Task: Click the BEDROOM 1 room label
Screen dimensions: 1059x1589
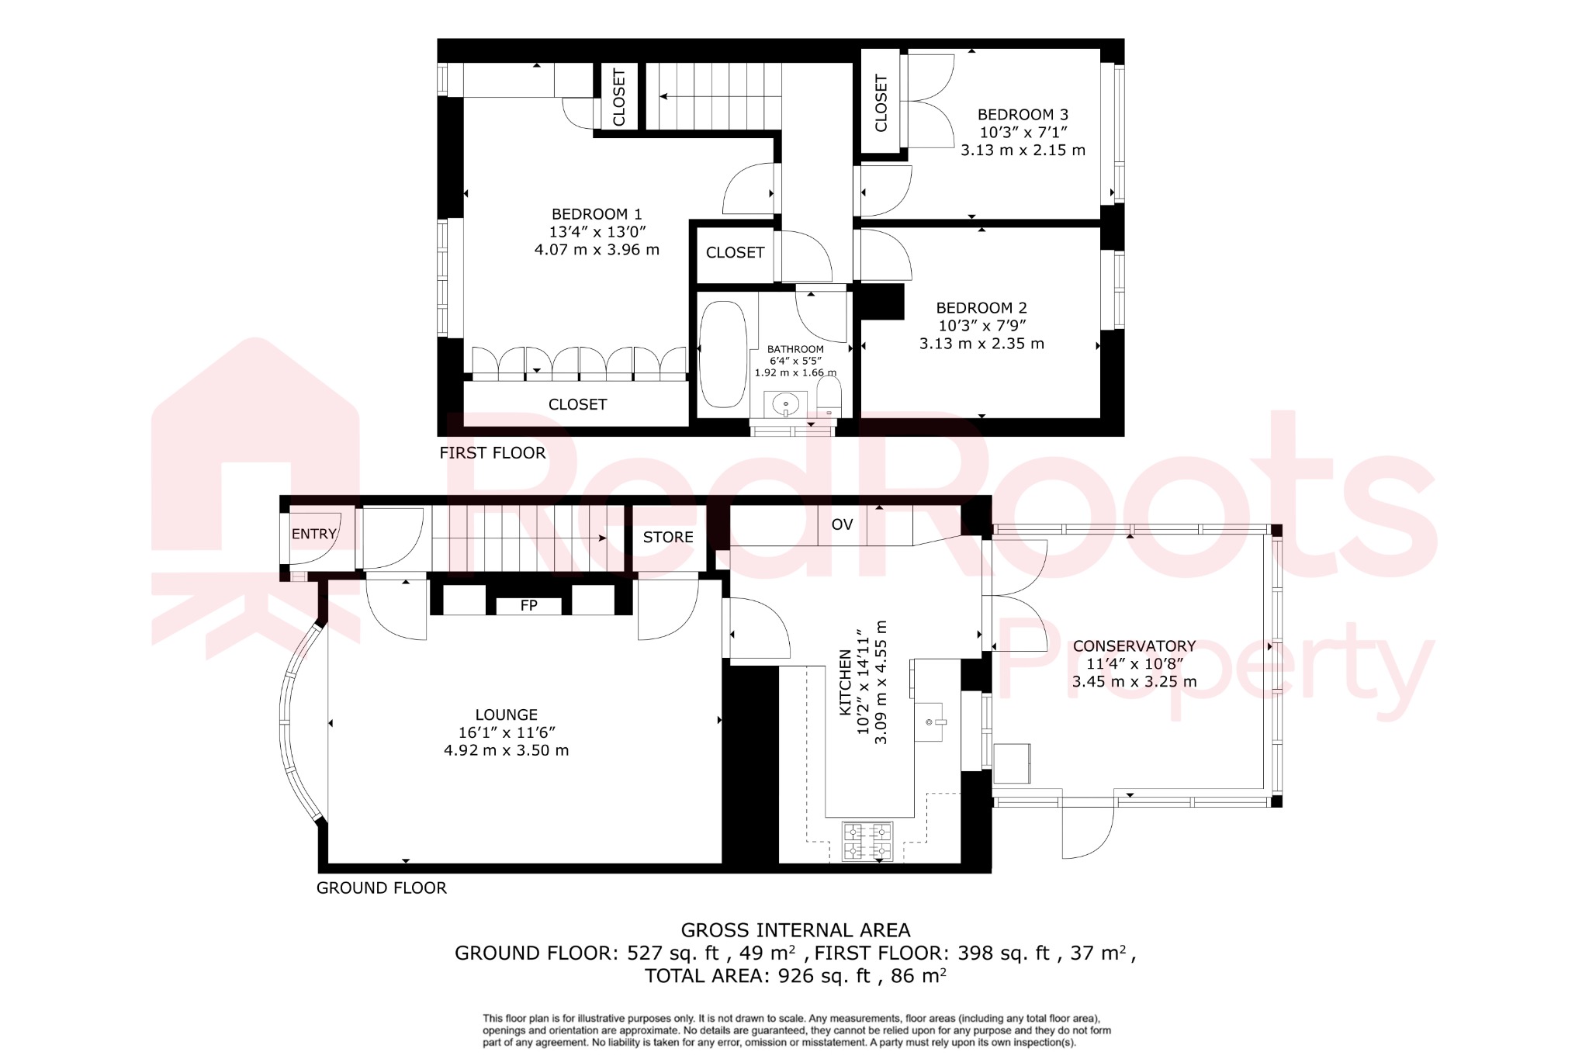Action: click(596, 214)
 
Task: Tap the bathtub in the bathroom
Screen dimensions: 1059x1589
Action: click(722, 354)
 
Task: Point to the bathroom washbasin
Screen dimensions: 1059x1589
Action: click(786, 404)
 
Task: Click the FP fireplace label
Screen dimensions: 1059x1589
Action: click(528, 606)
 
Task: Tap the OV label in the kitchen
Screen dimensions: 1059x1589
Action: click(842, 525)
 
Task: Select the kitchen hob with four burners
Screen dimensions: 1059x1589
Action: click(867, 841)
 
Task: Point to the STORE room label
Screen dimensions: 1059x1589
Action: click(668, 538)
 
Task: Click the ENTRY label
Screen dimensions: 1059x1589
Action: click(313, 535)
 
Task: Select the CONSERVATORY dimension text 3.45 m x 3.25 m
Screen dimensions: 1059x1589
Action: click(1134, 682)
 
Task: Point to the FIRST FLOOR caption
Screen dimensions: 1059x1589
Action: click(492, 453)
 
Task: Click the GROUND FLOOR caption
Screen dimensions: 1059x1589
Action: click(381, 888)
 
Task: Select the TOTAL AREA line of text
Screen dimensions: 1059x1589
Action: click(795, 976)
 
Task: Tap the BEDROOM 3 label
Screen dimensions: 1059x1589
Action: click(1022, 115)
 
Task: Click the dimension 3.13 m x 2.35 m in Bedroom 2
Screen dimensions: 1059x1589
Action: click(981, 344)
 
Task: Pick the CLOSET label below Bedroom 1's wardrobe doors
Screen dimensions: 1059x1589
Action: click(577, 405)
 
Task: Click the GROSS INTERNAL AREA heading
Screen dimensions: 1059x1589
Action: click(795, 930)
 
